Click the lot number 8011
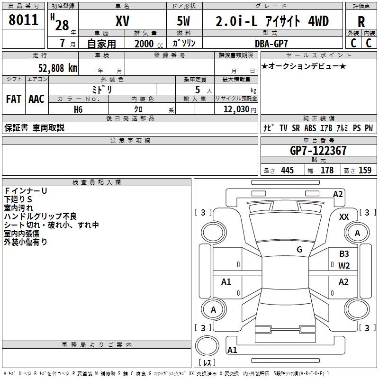pos(23,20)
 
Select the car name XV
pos(123,21)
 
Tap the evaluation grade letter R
pos(361,22)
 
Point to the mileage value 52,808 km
pos(58,68)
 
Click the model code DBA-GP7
pos(271,44)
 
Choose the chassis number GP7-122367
pos(318,150)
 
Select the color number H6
pos(78,109)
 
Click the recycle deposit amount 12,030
pos(236,109)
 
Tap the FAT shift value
pos(14,99)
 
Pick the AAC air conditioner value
pos(36,99)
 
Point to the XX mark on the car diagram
pos(344,217)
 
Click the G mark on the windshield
pos(299,250)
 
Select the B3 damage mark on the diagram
pos(344,254)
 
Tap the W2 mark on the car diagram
pos(344,266)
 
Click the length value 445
pos(287,170)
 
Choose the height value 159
pos(365,170)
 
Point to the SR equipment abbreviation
pos(296,128)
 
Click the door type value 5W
pos(183,21)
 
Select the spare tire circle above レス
pos(207,346)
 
